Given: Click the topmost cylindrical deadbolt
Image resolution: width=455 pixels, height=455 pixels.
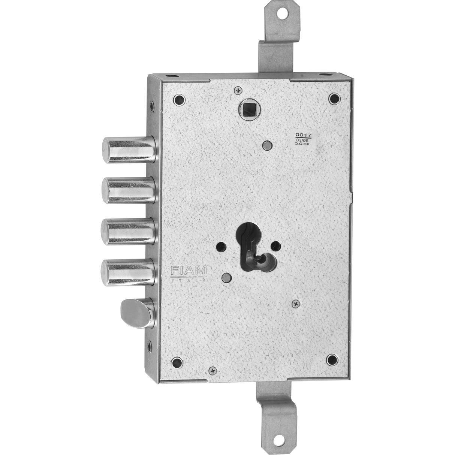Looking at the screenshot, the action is (129, 150).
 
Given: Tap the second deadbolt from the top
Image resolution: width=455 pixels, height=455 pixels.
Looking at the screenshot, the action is (129, 190).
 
